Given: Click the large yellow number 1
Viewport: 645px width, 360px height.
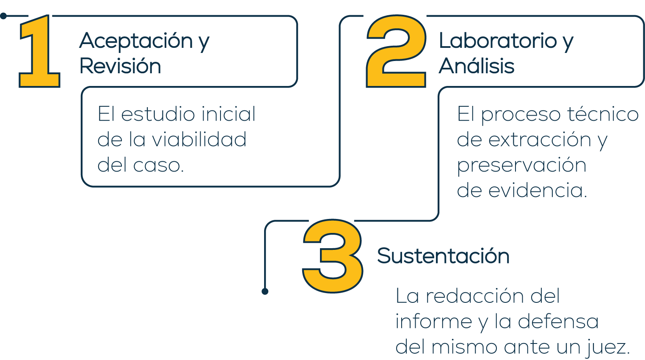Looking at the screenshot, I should tap(40, 53).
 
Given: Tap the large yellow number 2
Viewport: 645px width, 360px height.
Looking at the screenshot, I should tap(396, 53).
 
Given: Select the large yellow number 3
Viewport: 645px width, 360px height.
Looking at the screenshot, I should tap(333, 256).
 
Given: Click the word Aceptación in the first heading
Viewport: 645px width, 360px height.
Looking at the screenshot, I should tap(136, 41).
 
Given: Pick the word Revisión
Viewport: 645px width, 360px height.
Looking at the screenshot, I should tap(120, 66).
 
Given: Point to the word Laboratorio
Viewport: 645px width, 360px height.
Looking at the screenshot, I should tap(498, 41).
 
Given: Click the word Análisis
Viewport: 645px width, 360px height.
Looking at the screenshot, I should tap(477, 66).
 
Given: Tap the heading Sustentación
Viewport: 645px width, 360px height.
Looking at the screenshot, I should tap(443, 256).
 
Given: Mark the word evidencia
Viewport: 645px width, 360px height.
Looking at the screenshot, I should tap(537, 191).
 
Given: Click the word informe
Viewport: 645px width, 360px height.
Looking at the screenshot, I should tap(434, 322).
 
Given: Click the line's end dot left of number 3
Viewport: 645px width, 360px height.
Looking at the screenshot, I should tap(265, 291).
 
